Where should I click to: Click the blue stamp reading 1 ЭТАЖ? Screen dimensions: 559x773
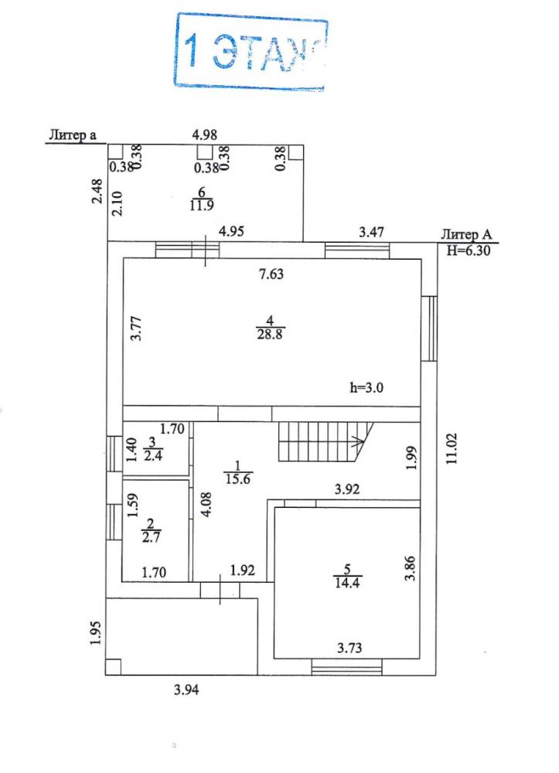pyautogui.click(x=251, y=53)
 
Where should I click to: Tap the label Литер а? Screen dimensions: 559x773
pyautogui.click(x=73, y=135)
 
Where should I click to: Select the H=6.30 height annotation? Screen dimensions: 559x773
pyautogui.click(x=469, y=250)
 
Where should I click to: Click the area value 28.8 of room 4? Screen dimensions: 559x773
pyautogui.click(x=270, y=334)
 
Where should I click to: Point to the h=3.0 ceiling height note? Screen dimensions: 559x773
pyautogui.click(x=366, y=387)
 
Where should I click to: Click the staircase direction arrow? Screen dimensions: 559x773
pyautogui.click(x=356, y=441)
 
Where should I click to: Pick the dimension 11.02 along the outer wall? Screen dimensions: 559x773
pyautogui.click(x=452, y=448)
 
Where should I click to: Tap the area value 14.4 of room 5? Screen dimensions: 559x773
pyautogui.click(x=347, y=582)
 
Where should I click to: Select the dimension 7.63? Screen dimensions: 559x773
pyautogui.click(x=271, y=274)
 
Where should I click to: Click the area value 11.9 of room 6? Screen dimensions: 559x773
pyautogui.click(x=202, y=205)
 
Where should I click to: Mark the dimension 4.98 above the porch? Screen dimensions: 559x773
pyautogui.click(x=204, y=135)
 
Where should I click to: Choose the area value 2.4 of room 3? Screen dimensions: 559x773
pyautogui.click(x=153, y=455)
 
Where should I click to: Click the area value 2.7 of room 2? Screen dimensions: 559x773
pyautogui.click(x=151, y=536)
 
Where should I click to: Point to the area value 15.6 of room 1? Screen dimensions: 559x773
pyautogui.click(x=237, y=478)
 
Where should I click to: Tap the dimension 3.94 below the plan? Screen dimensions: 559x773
pyautogui.click(x=186, y=690)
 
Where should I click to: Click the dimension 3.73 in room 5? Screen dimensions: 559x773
pyautogui.click(x=349, y=647)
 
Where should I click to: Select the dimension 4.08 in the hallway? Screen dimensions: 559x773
pyautogui.click(x=206, y=504)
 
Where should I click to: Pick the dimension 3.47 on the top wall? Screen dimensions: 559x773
pyautogui.click(x=371, y=232)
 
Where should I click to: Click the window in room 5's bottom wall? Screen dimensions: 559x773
pyautogui.click(x=347, y=668)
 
